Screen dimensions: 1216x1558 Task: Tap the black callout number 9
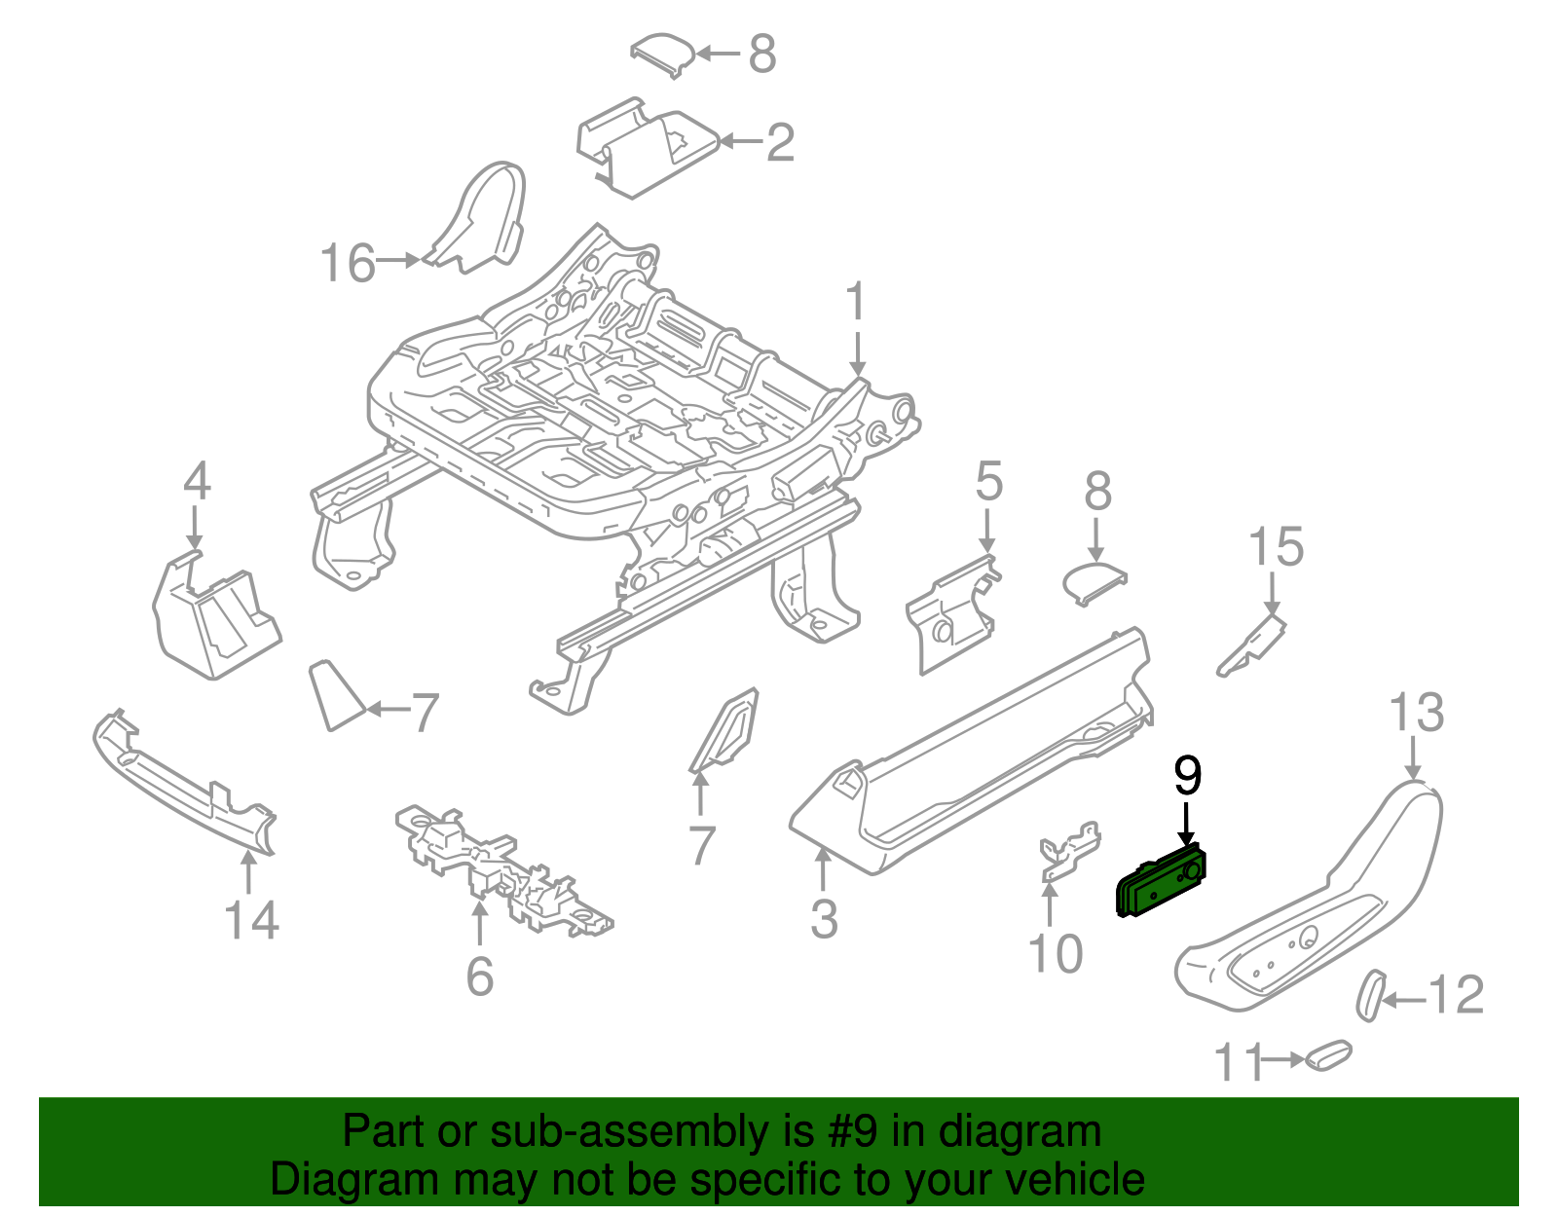1187,775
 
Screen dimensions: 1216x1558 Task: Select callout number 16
348,264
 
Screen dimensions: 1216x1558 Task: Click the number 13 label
1416,713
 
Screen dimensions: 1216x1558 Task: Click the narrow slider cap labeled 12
1370,994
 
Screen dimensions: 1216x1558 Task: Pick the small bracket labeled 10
1070,849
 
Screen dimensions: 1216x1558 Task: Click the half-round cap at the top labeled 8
664,54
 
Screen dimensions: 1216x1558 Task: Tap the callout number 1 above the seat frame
855,302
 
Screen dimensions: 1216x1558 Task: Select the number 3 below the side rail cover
824,919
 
